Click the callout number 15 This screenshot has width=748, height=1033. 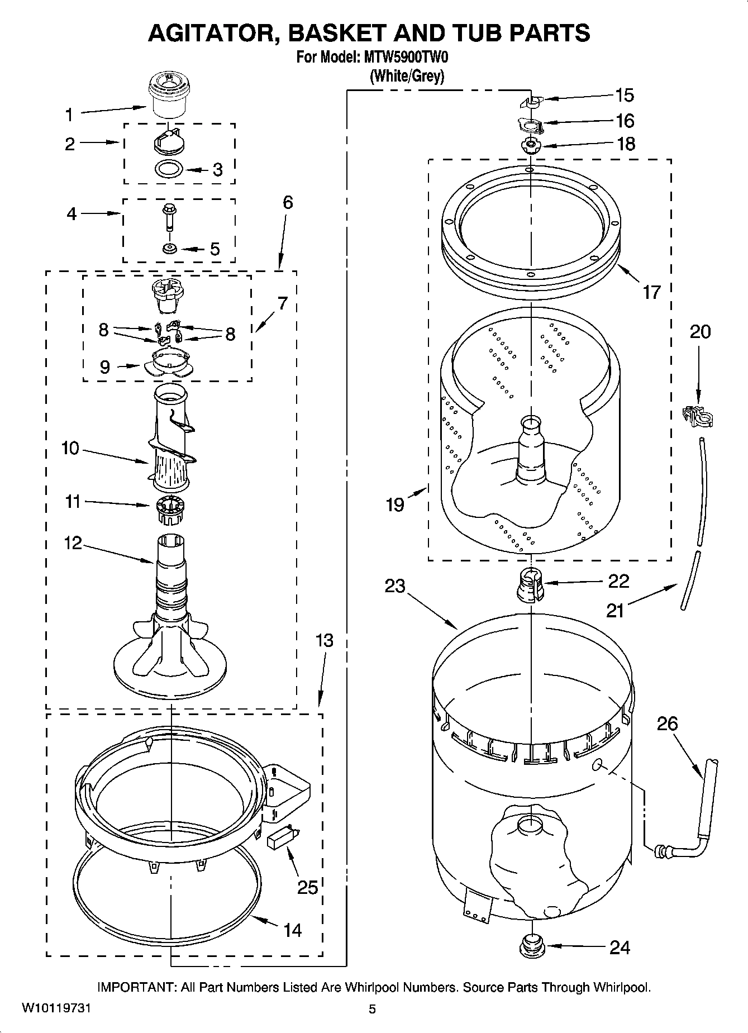tap(625, 96)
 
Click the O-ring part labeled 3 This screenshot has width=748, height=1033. tap(169, 168)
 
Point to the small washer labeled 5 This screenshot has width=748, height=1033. tap(169, 248)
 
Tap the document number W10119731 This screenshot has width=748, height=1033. tap(56, 1008)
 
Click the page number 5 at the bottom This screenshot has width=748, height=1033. tap(372, 1008)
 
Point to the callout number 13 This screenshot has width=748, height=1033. tap(325, 640)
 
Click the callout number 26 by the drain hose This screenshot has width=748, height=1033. tap(667, 724)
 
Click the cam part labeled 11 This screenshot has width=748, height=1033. tap(169, 510)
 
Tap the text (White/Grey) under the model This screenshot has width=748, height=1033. tap(407, 76)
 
